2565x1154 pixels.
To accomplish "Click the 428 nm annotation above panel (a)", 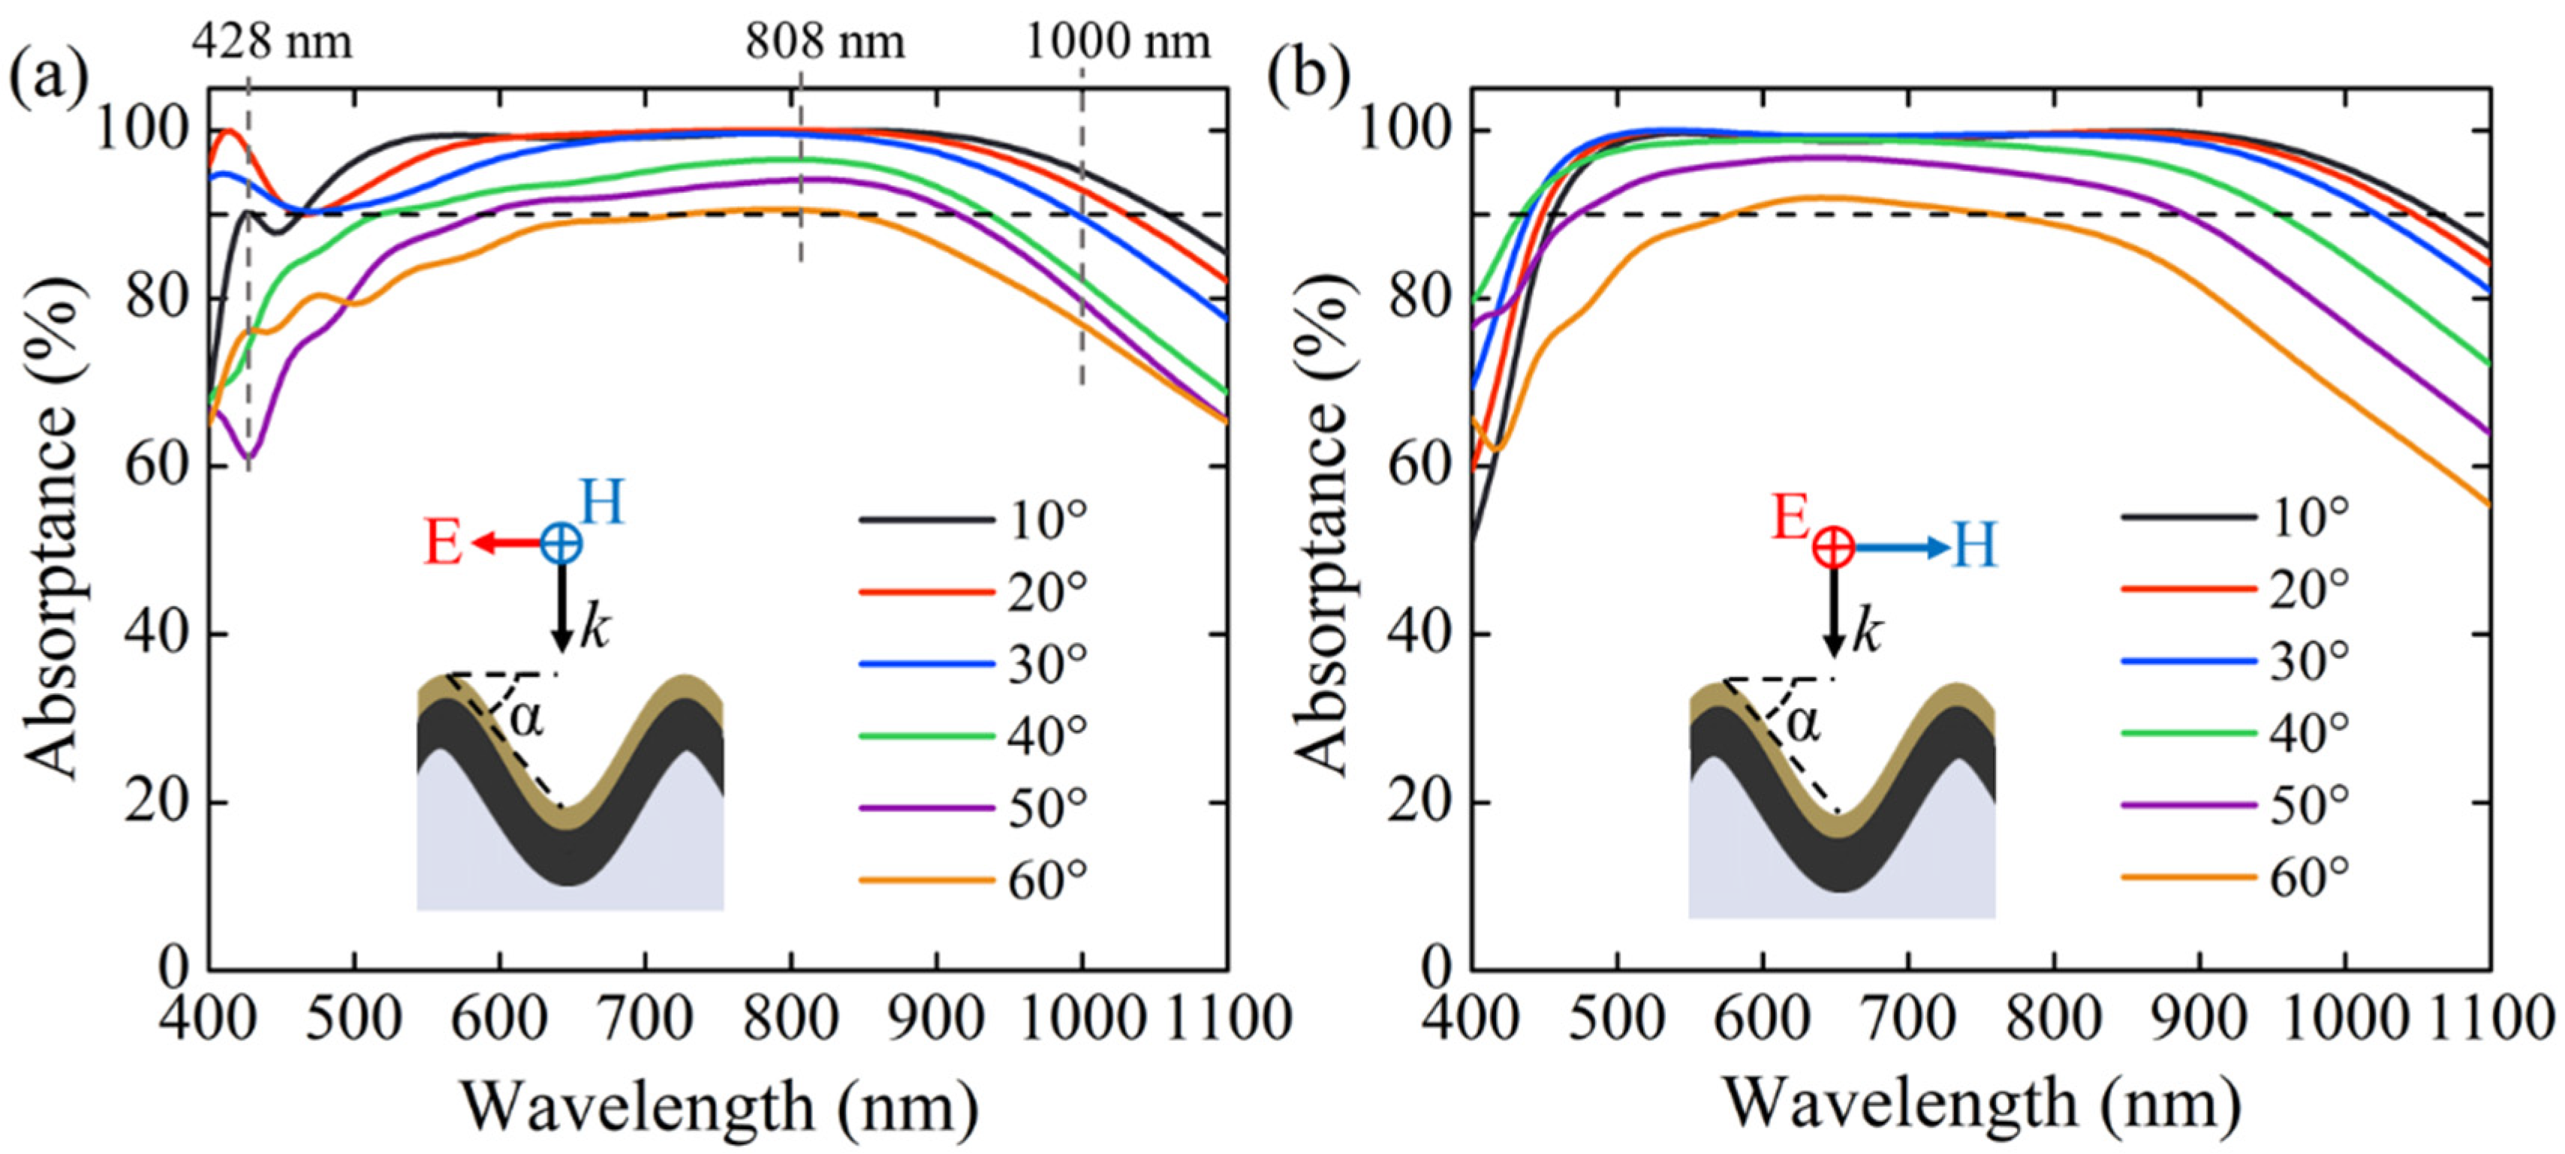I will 272,42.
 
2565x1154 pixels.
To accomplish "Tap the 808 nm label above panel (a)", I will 826,42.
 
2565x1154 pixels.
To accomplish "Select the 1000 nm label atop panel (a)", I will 1117,42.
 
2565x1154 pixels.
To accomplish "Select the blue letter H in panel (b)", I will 1973,547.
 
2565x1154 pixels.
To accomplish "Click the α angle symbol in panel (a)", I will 527,717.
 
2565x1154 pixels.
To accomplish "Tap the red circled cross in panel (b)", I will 1832,548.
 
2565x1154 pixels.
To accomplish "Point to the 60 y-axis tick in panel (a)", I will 156,466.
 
